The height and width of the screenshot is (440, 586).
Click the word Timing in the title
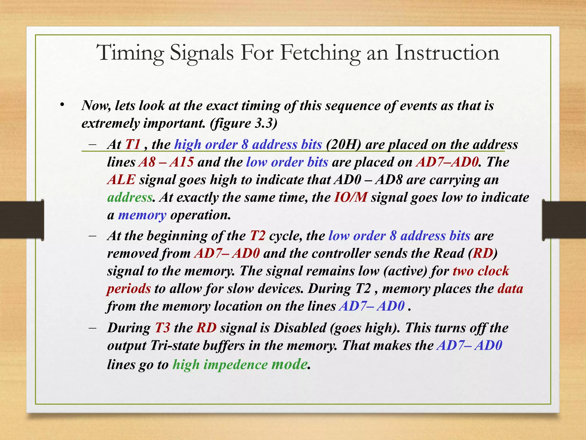coord(130,53)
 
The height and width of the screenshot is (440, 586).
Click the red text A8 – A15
coord(166,162)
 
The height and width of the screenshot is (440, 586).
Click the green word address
coord(130,197)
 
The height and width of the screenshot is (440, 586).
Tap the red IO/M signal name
coord(351,197)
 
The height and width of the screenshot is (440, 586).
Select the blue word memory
coord(142,215)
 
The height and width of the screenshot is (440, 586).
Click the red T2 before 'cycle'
coord(258,236)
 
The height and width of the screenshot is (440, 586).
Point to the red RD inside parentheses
coord(483,254)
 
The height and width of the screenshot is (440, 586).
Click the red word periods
coord(129,289)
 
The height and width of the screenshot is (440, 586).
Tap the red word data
coord(510,289)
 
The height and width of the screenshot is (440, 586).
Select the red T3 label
coord(163,328)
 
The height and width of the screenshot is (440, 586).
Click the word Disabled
coord(300,328)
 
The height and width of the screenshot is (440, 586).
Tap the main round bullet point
coord(62,105)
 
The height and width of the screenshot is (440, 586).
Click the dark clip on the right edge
coord(564,220)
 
